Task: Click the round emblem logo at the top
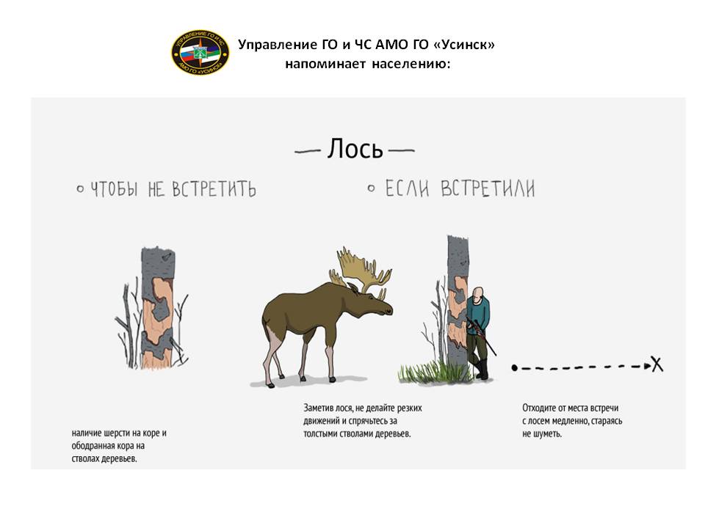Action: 200,53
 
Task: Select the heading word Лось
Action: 355,149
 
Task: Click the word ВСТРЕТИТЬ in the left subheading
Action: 214,189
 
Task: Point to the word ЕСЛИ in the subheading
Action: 408,188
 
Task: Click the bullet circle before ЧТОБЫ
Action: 81,189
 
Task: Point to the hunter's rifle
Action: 481,335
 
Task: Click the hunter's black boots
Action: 482,369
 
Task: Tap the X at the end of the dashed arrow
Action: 657,364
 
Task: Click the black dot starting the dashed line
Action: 514,367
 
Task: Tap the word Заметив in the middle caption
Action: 318,408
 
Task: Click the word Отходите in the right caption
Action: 539,408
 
